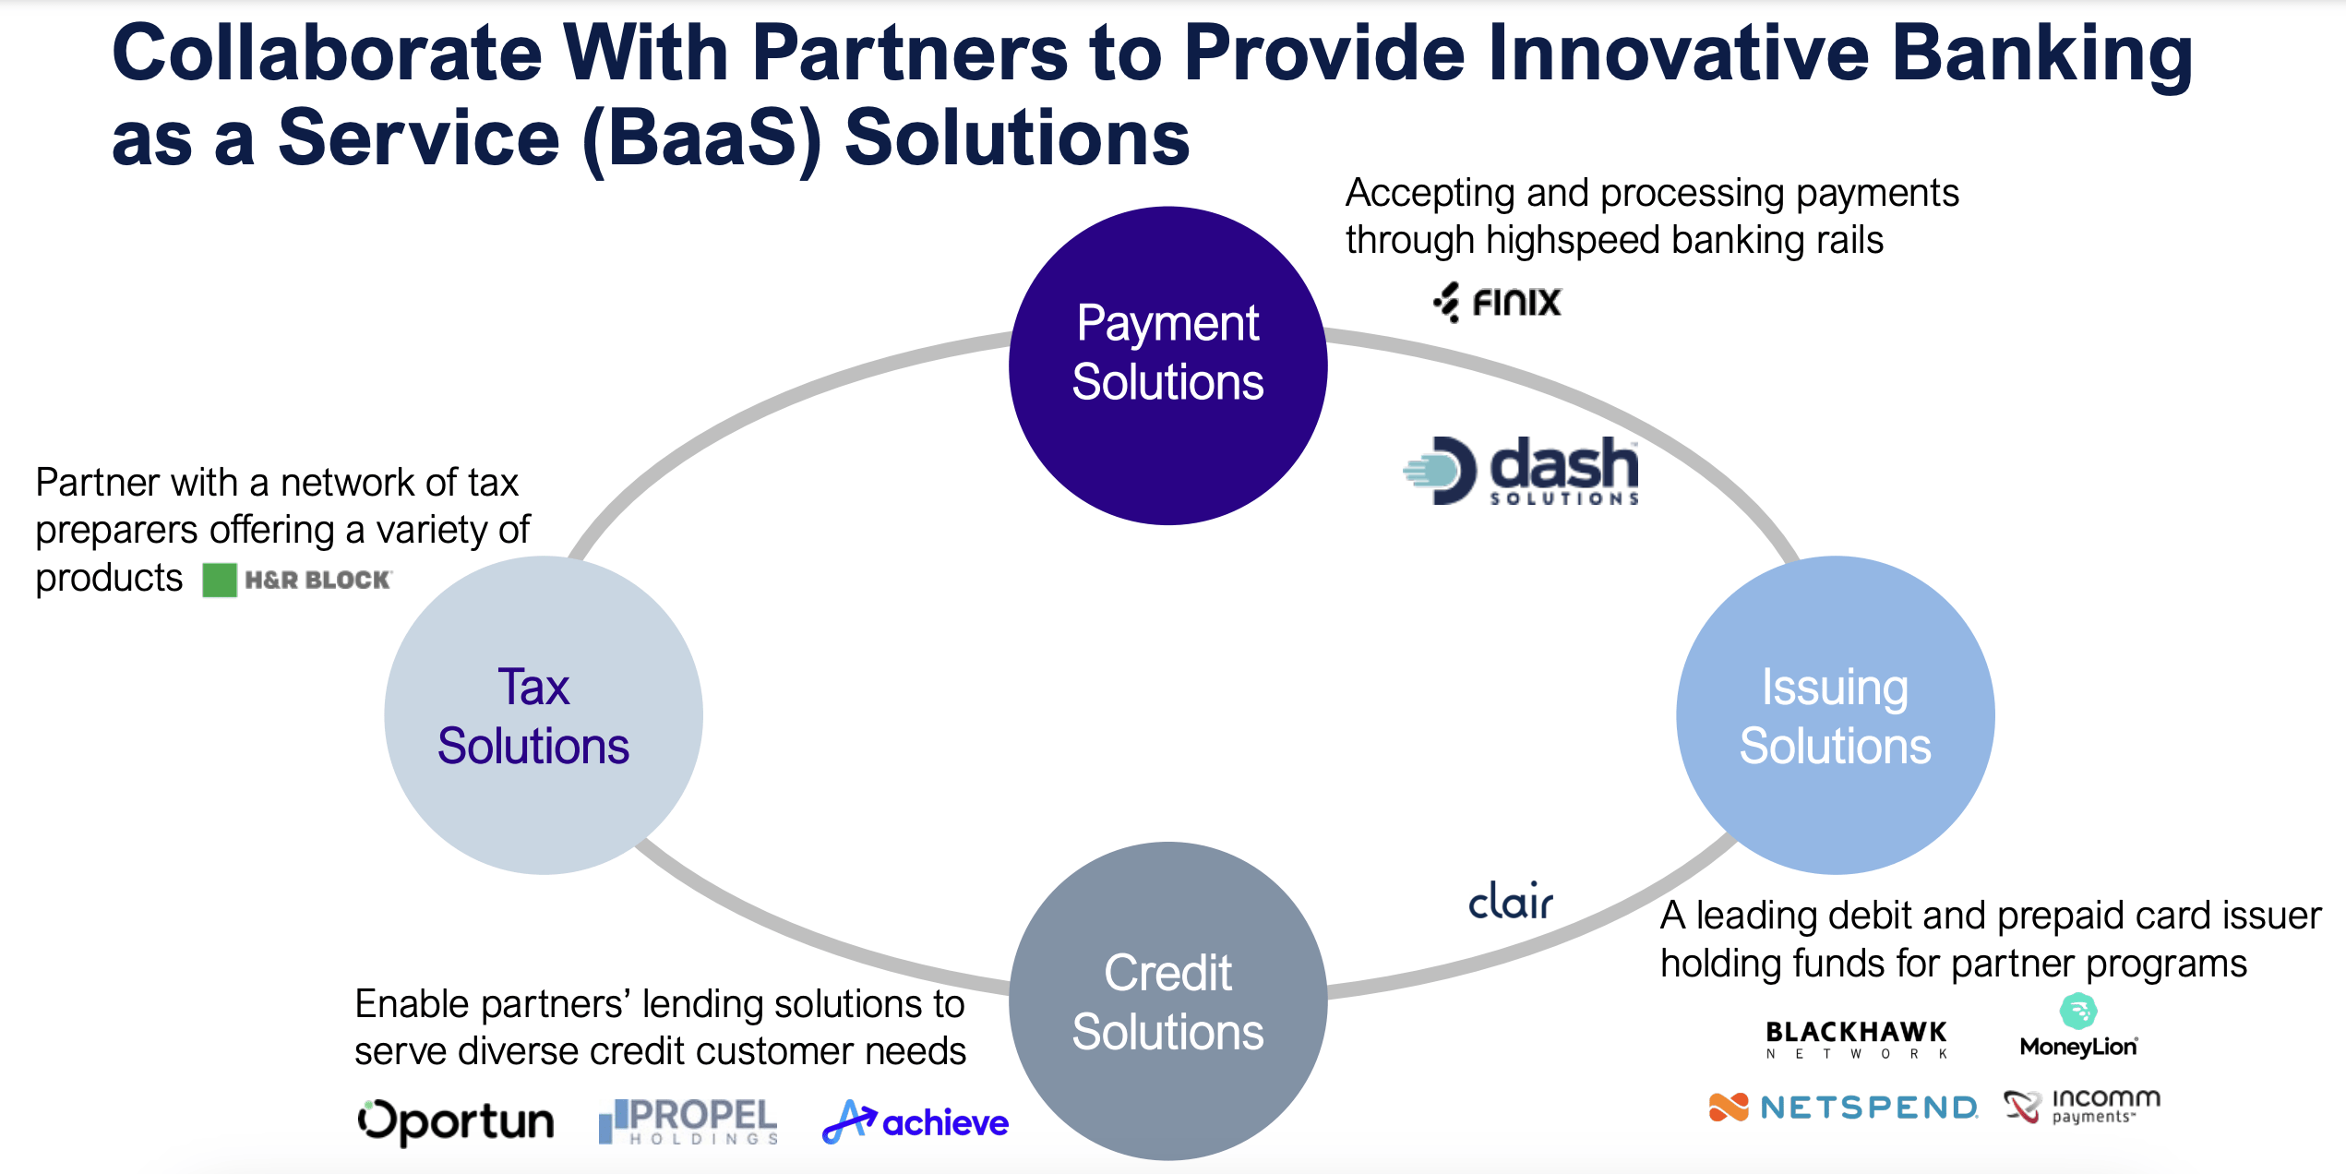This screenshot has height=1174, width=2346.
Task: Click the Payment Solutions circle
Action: pyautogui.click(x=1167, y=365)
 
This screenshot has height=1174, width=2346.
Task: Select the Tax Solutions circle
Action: pyautogui.click(x=544, y=715)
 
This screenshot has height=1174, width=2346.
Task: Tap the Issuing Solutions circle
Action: pyautogui.click(x=1835, y=715)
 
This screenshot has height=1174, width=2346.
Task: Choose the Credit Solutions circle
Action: pyautogui.click(x=1167, y=1000)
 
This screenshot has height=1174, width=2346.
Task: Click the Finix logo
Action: pyautogui.click(x=1497, y=303)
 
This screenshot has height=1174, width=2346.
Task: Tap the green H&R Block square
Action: pyautogui.click(x=220, y=581)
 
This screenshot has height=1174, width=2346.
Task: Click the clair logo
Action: pyautogui.click(x=1511, y=902)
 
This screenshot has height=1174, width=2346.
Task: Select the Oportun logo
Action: pyautogui.click(x=456, y=1121)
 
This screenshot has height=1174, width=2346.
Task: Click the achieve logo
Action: pyautogui.click(x=916, y=1122)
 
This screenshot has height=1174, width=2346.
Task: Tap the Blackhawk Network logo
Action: pyautogui.click(x=1856, y=1039)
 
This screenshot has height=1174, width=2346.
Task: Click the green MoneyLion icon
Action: pyautogui.click(x=2078, y=1012)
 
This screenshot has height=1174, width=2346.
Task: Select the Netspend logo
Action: pyautogui.click(x=1843, y=1107)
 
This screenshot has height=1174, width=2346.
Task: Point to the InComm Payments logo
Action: pyautogui.click(x=2082, y=1106)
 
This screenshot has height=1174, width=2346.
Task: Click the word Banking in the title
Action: pyautogui.click(x=2041, y=54)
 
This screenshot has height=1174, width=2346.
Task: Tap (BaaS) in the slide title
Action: pyautogui.click(x=701, y=138)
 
